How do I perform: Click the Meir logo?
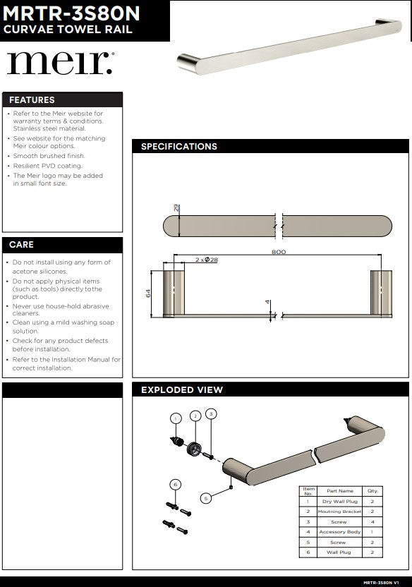click(x=59, y=63)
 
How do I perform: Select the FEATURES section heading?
click(x=32, y=100)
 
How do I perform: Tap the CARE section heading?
click(x=21, y=245)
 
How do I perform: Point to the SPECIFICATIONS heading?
click(x=179, y=147)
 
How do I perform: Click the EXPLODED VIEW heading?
click(x=182, y=389)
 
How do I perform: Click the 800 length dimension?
click(x=279, y=252)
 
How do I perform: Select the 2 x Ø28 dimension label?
click(x=207, y=260)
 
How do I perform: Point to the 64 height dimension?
click(x=149, y=293)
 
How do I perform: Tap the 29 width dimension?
click(x=176, y=209)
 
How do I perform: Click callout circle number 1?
click(x=176, y=418)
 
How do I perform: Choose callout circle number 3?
click(x=211, y=413)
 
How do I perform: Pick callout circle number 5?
click(x=206, y=498)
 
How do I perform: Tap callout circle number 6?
click(x=176, y=484)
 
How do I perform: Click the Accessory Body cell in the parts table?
click(x=339, y=531)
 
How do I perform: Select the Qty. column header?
click(x=372, y=490)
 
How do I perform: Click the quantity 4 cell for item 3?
click(x=372, y=521)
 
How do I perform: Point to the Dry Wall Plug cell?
click(x=339, y=501)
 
